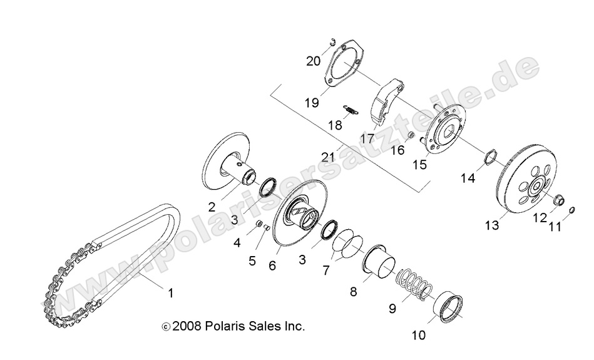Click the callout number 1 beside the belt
click(x=170, y=292)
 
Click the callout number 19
click(x=312, y=102)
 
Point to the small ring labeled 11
click(x=571, y=210)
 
